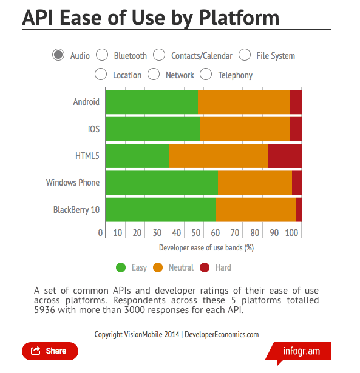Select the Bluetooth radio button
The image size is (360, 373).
click(x=102, y=55)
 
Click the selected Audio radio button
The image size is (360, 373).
click(x=58, y=55)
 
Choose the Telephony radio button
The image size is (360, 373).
click(x=206, y=74)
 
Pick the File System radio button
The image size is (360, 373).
click(x=245, y=55)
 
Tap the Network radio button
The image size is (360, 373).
click(x=154, y=74)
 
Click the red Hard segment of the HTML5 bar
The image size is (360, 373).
click(x=285, y=156)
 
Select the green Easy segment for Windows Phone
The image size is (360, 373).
click(x=162, y=183)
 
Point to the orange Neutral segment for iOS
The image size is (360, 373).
click(x=245, y=129)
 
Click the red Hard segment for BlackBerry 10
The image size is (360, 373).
click(x=299, y=210)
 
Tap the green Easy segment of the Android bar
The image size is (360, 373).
click(x=152, y=102)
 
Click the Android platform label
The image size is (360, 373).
click(x=86, y=102)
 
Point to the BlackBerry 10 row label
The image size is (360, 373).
click(x=76, y=210)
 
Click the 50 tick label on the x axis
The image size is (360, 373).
click(x=196, y=233)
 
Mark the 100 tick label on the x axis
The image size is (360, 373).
click(x=291, y=233)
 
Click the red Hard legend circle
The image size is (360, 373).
click(x=205, y=267)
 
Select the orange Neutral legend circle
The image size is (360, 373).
click(x=158, y=267)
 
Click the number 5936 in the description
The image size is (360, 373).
click(x=44, y=310)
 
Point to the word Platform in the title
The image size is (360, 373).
click(x=239, y=18)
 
